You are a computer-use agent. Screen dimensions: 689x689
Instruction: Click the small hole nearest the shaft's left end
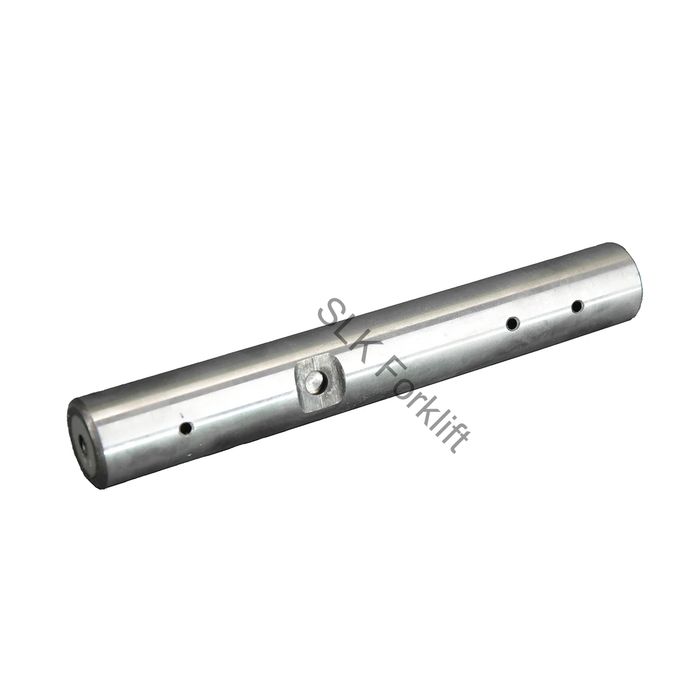pos(187,428)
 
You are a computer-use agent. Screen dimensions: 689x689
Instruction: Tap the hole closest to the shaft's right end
pos(577,307)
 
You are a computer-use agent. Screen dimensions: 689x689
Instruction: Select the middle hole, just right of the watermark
pos(512,323)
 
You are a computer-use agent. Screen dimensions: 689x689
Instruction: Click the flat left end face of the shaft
pos(81,439)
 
